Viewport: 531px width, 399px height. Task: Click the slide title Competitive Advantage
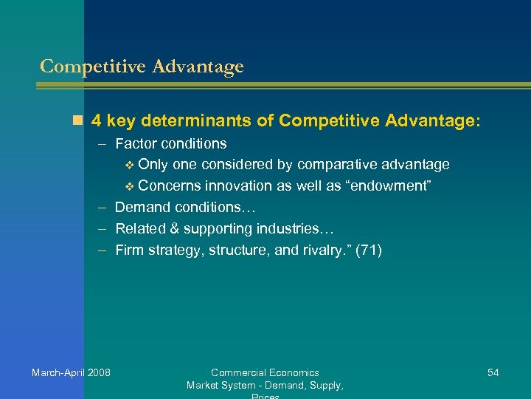tap(142, 66)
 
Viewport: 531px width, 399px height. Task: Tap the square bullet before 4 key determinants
tap(79, 119)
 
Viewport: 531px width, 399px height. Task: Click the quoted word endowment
tap(389, 185)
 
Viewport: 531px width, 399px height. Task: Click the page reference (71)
tap(368, 250)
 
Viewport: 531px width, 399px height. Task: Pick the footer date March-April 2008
tap(71, 372)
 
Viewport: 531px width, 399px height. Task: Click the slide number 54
tap(493, 372)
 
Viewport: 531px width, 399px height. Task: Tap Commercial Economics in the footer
tap(265, 372)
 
